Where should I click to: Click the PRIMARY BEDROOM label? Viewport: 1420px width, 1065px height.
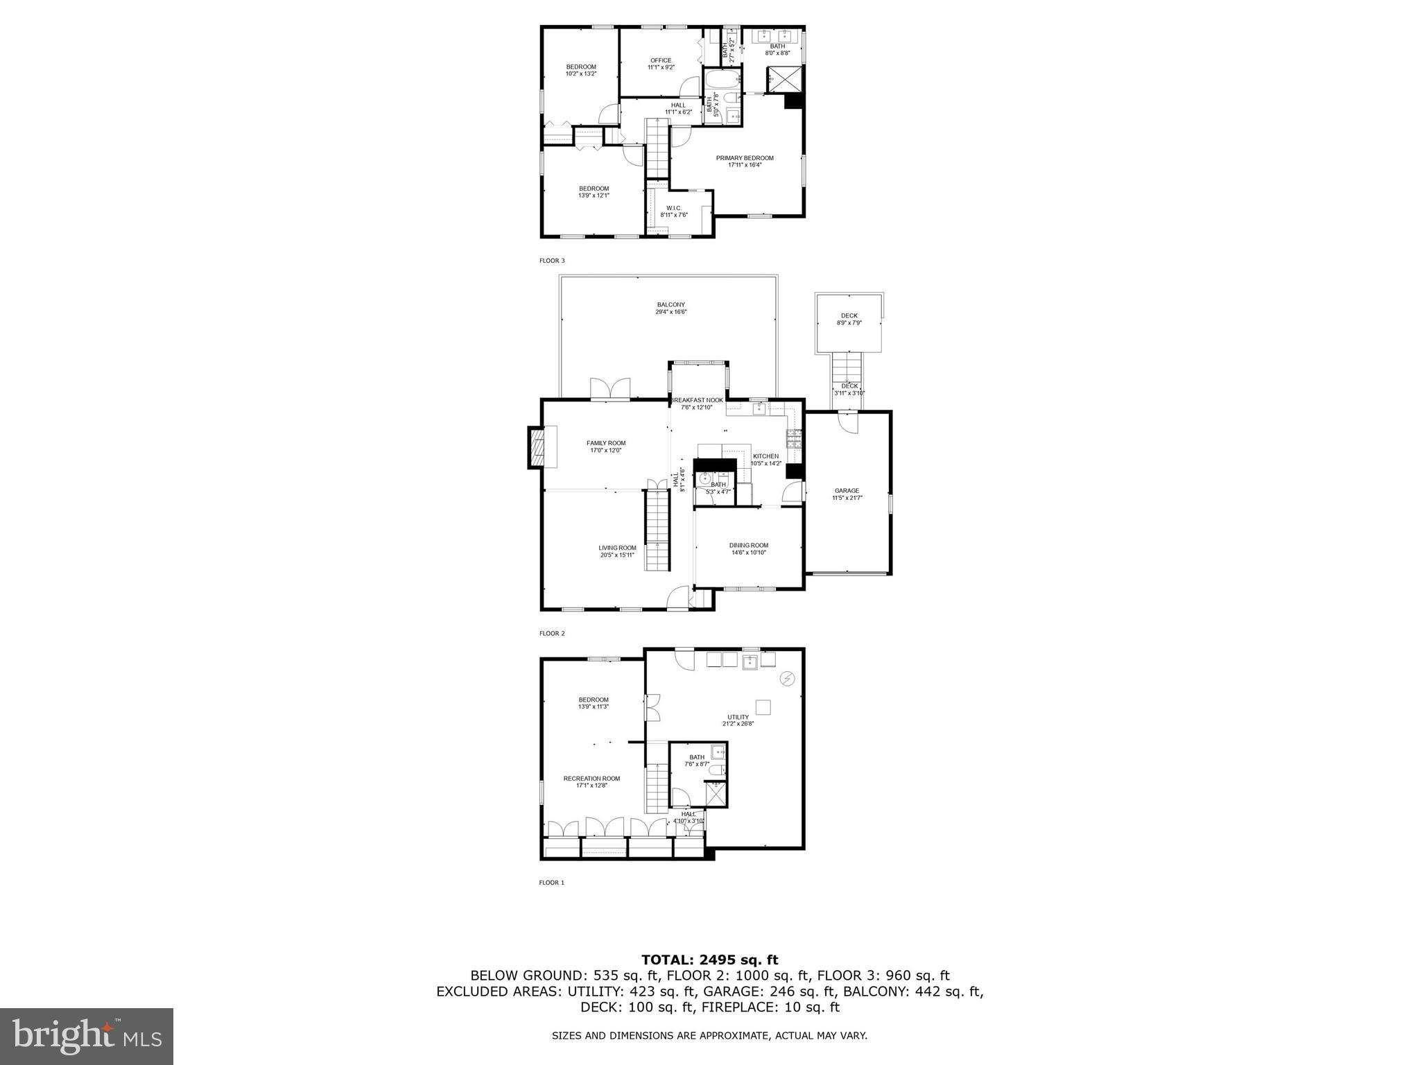pos(745,158)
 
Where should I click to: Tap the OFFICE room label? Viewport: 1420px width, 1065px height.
pos(661,60)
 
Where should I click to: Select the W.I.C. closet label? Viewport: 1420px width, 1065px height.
pos(673,208)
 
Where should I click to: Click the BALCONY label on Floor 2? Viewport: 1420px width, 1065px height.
pos(670,304)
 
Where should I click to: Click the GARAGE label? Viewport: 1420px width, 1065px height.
pos(847,491)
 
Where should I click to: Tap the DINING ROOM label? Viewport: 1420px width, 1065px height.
pos(748,545)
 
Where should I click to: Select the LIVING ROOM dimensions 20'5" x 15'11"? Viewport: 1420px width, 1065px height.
pos(617,555)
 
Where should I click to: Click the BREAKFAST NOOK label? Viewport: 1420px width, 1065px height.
pos(697,400)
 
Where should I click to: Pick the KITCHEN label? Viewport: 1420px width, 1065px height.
pos(765,456)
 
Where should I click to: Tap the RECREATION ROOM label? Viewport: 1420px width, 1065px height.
pos(591,779)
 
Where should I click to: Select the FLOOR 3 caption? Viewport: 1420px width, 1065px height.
pos(552,261)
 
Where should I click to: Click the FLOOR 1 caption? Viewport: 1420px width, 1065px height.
pos(552,883)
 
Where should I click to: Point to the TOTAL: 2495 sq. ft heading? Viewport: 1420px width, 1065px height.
pos(709,960)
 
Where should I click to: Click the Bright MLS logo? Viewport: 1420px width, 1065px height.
pos(87,1037)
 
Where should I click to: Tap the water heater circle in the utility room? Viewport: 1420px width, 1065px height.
pos(788,679)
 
